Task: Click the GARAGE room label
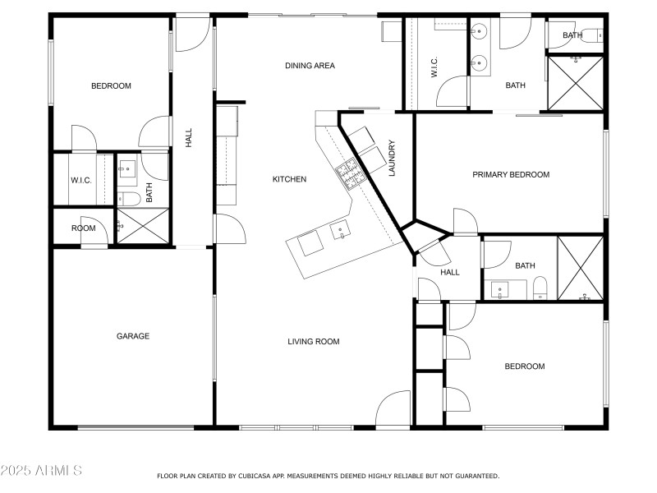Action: [x=132, y=335]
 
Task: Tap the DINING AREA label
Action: [x=310, y=66]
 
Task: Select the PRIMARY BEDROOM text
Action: [x=510, y=174]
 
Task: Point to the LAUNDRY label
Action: [x=393, y=158]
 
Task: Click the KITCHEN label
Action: [x=289, y=179]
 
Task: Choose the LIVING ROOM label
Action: [x=313, y=342]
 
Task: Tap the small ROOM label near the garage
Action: [x=83, y=228]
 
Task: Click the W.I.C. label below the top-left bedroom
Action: [x=80, y=180]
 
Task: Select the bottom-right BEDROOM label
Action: [x=524, y=366]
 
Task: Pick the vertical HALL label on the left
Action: [x=189, y=138]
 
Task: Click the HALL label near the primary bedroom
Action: [x=450, y=273]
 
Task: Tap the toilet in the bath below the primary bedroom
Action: [x=540, y=288]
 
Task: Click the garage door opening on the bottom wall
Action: [x=136, y=426]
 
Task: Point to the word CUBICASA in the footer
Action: [x=264, y=476]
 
